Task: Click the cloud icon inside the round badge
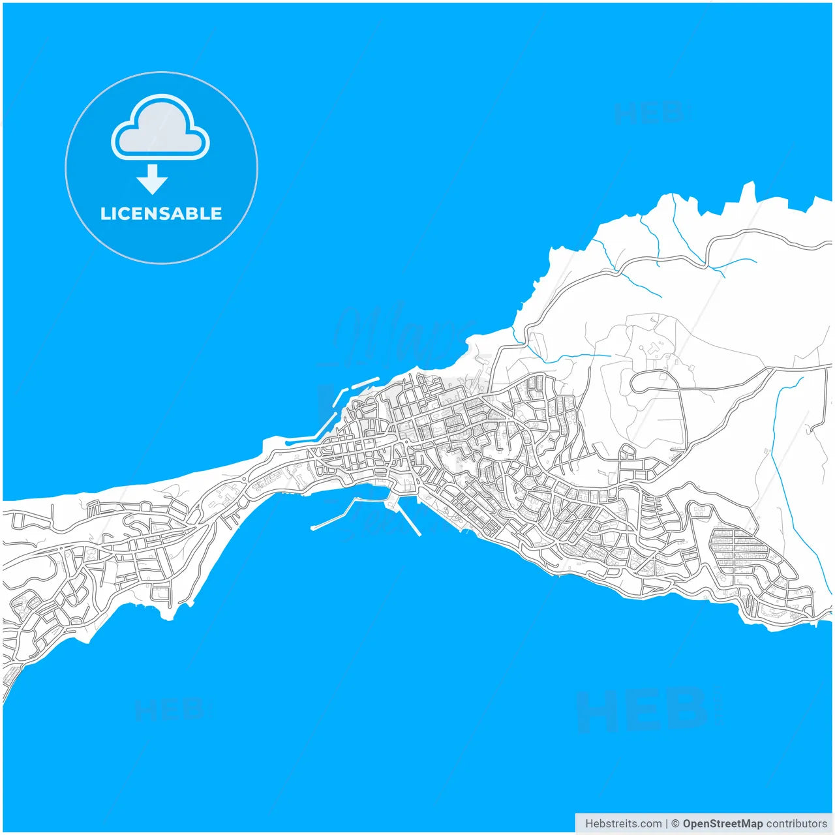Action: [x=160, y=129]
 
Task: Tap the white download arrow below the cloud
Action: [x=153, y=179]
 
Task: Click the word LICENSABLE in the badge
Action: [x=161, y=214]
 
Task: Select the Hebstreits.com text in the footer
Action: [x=623, y=824]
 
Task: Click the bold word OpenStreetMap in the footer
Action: [x=722, y=824]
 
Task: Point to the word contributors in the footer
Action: [x=796, y=824]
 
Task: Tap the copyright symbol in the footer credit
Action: [x=675, y=824]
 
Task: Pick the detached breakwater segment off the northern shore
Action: [x=366, y=382]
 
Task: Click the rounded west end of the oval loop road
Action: [x=631, y=383]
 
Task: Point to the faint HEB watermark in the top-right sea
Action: [x=649, y=114]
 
